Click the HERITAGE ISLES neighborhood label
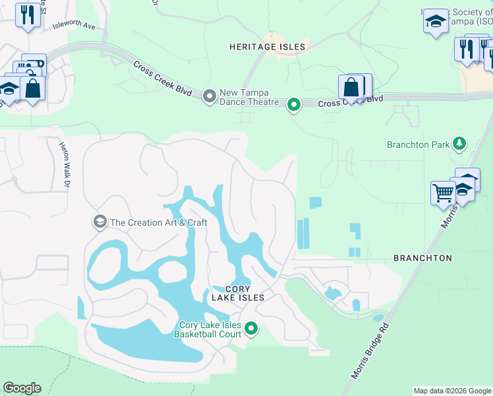pyautogui.click(x=268, y=47)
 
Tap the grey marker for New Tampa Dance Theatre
pyautogui.click(x=210, y=97)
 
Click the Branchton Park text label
pyautogui.click(x=418, y=145)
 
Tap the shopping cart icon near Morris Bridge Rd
pyautogui.click(x=443, y=193)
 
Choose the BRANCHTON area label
pyautogui.click(x=422, y=258)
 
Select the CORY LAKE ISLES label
pyautogui.click(x=237, y=294)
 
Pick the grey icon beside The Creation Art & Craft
pyautogui.click(x=100, y=221)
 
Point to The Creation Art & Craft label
pyautogui.click(x=159, y=222)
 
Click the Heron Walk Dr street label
pyautogui.click(x=65, y=166)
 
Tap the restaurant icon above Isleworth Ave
pyautogui.click(x=28, y=15)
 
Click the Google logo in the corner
pyautogui.click(x=22, y=388)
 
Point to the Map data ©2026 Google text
pyautogui.click(x=451, y=391)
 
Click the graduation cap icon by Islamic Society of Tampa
pyautogui.click(x=436, y=21)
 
